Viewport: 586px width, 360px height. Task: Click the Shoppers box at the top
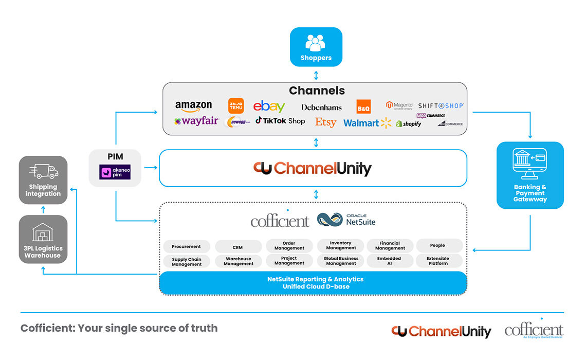(x=316, y=47)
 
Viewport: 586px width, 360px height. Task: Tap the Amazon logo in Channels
(x=193, y=106)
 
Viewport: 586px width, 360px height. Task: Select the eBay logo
(x=269, y=106)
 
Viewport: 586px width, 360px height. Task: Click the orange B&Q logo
(x=363, y=106)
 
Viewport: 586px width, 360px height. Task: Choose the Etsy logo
(x=325, y=122)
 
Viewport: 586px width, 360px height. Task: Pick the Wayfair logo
(x=196, y=121)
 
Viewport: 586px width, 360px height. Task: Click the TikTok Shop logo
(x=280, y=121)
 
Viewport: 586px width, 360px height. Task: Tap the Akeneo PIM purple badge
(x=115, y=172)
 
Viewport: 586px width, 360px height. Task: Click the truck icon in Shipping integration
(x=43, y=171)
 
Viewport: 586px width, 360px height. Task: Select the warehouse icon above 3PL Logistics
(x=43, y=232)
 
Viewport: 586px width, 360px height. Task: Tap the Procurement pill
(x=186, y=246)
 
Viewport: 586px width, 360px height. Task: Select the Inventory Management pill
(x=340, y=245)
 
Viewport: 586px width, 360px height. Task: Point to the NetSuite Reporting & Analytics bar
(x=315, y=283)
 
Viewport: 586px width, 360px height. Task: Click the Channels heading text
(x=317, y=91)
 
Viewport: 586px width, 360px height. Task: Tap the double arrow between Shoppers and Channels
(x=316, y=75)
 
